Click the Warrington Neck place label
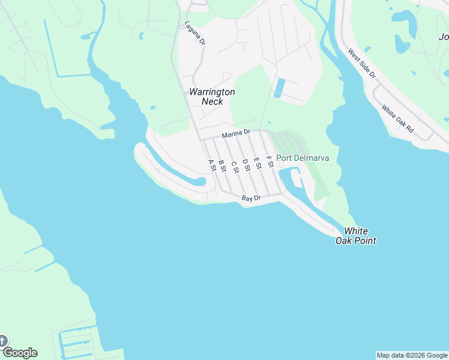tap(212, 97)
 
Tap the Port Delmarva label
tap(303, 158)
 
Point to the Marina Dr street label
tap(236, 134)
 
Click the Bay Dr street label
tap(251, 198)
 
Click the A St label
tap(211, 165)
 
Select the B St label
tap(222, 166)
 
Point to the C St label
tap(235, 166)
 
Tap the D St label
tap(246, 164)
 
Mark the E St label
tap(258, 163)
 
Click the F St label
tap(270, 161)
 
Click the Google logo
tap(20, 353)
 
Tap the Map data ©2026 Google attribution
tap(412, 355)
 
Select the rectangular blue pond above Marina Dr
tap(278, 88)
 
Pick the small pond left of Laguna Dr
tap(141, 35)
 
